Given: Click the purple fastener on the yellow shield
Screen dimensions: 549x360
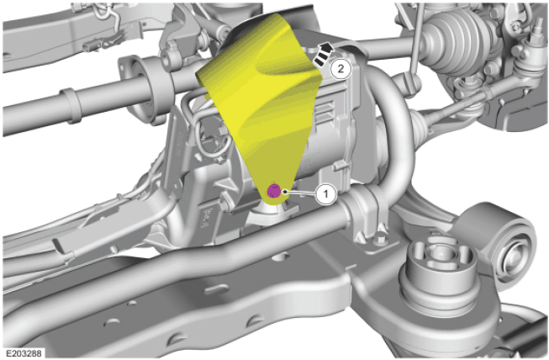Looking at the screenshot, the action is (274, 191).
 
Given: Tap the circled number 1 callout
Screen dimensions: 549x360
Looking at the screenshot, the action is (326, 193).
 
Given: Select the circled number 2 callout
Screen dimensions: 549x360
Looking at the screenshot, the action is (340, 69).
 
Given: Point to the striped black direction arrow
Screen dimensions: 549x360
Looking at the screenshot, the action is (324, 54).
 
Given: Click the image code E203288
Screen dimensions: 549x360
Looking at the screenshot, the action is (24, 352).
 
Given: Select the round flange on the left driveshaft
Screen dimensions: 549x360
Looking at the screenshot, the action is (140, 92).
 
